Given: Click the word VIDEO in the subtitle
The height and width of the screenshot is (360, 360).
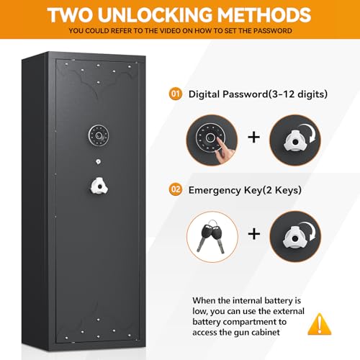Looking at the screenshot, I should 180,32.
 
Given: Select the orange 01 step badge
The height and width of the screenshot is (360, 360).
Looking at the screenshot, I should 175,94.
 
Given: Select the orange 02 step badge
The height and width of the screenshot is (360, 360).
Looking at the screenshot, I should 175,190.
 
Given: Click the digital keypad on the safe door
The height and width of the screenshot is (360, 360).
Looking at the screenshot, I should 99,135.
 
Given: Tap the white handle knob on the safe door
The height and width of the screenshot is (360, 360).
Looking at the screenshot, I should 99,186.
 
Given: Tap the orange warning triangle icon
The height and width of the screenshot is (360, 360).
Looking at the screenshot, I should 314,324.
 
